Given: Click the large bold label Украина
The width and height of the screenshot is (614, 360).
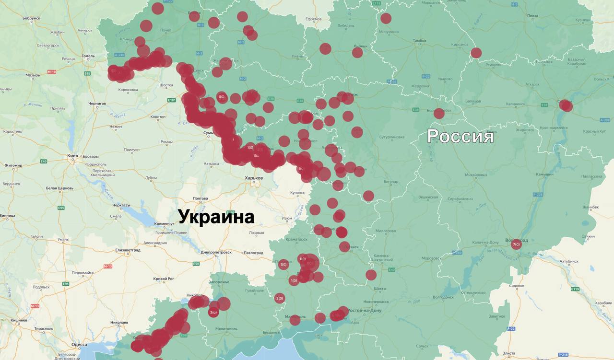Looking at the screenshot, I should click(x=216, y=217).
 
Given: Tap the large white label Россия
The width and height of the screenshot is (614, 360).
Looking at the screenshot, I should click(x=460, y=136).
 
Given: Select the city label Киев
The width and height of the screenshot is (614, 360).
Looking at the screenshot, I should click(x=73, y=156).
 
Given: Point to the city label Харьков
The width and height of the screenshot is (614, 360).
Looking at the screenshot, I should click(x=254, y=178).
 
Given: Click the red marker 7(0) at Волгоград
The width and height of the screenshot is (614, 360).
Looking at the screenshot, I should click(x=516, y=245).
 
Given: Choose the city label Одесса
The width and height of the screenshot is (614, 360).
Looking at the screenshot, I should click(x=79, y=345).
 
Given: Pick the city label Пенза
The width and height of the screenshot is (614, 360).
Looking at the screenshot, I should click(x=532, y=16).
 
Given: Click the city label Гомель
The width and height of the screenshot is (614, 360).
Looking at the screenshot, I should click(x=88, y=56).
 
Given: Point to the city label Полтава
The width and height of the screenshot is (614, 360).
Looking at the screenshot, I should click(x=200, y=198).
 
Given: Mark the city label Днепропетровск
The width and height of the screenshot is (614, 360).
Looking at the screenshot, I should click(x=216, y=252).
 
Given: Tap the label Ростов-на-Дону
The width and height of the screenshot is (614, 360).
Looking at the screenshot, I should click(x=366, y=311).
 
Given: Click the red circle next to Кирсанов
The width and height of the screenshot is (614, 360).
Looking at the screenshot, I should click(x=476, y=53).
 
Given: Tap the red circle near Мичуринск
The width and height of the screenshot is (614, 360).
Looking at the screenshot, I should click(x=386, y=19).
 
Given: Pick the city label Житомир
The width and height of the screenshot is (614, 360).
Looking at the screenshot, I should click(x=13, y=165).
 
